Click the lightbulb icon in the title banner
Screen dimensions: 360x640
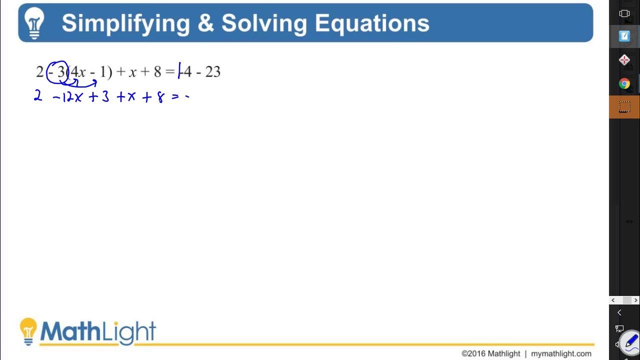pyautogui.click(x=34, y=22)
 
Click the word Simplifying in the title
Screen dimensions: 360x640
pyautogui.click(x=125, y=23)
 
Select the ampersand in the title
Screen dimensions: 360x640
pyautogui.click(x=205, y=23)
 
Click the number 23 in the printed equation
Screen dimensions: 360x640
pyautogui.click(x=212, y=72)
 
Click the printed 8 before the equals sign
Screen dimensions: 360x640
pyautogui.click(x=157, y=72)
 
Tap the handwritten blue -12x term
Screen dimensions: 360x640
pyautogui.click(x=67, y=97)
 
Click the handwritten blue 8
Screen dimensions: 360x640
pyautogui.click(x=160, y=97)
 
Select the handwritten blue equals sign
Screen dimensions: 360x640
pyautogui.click(x=175, y=97)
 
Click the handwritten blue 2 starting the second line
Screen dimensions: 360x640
pyautogui.click(x=38, y=96)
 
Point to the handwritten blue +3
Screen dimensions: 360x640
pyautogui.click(x=99, y=97)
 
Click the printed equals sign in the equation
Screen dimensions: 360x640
pyautogui.click(x=170, y=72)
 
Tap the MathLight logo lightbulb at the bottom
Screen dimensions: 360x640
pyautogui.click(x=28, y=330)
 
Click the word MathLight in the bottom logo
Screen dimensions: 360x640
pyautogui.click(x=98, y=331)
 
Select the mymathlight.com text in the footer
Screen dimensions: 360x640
pyautogui.click(x=561, y=353)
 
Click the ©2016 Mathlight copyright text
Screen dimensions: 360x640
pyautogui.click(x=490, y=353)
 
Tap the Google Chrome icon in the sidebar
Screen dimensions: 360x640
pyautogui.click(x=624, y=83)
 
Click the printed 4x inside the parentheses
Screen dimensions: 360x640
pyautogui.click(x=78, y=72)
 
